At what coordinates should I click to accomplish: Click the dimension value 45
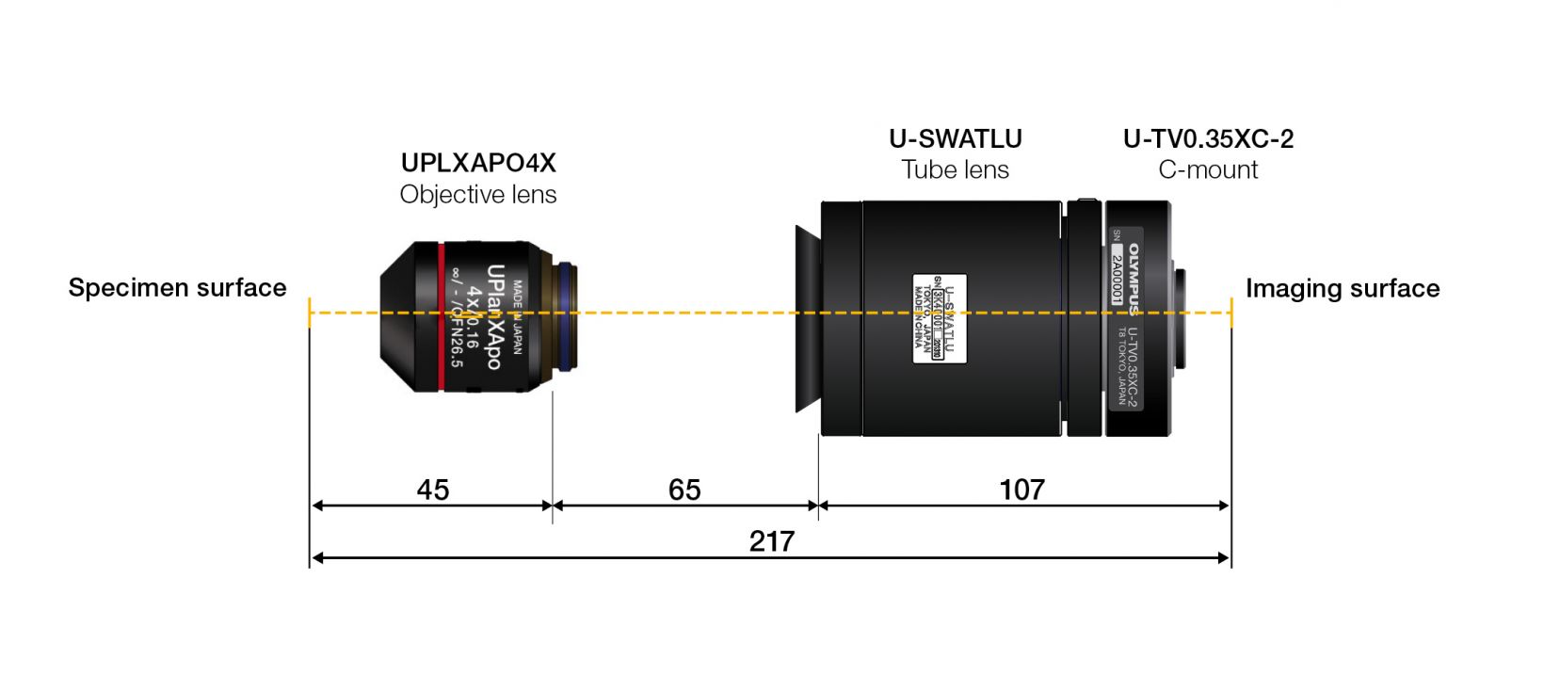433,490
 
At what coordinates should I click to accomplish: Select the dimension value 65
684,490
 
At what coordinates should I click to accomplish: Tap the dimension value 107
1021,490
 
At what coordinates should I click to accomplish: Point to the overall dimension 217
771,541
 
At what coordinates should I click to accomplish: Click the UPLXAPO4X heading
478,163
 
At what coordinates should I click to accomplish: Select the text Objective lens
478,194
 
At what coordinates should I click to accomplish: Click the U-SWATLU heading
955,138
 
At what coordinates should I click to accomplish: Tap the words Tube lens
955,169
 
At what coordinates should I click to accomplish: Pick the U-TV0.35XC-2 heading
1208,138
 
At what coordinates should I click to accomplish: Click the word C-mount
1208,169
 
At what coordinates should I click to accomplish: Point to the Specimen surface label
177,287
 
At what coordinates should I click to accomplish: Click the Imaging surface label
1342,288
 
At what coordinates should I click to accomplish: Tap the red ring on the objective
441,316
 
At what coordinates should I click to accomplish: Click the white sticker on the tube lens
939,317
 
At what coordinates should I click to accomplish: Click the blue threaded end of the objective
566,317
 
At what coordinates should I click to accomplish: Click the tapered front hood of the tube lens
807,318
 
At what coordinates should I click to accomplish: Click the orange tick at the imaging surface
1230,313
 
